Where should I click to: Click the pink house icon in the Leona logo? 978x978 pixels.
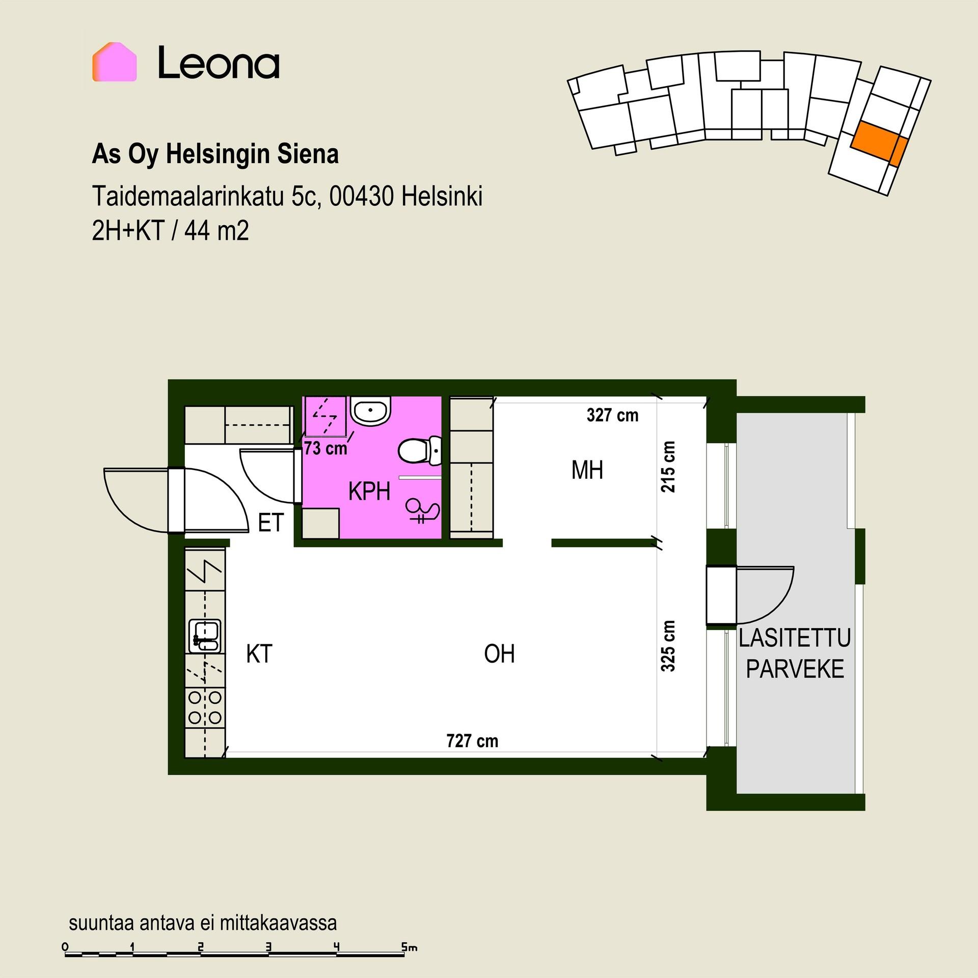(x=115, y=62)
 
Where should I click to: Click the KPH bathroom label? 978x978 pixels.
(x=369, y=492)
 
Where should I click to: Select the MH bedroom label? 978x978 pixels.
(x=587, y=470)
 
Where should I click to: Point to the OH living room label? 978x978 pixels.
(x=499, y=654)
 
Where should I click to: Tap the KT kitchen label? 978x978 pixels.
(x=259, y=654)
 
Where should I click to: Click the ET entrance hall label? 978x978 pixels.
(x=270, y=523)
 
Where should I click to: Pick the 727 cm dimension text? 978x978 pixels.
(x=472, y=741)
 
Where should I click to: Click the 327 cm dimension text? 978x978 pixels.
(x=612, y=415)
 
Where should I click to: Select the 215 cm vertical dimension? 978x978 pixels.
(x=668, y=467)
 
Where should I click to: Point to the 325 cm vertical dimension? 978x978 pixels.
(x=668, y=645)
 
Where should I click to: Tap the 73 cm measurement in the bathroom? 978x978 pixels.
(x=325, y=448)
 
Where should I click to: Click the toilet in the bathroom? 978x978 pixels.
(x=419, y=451)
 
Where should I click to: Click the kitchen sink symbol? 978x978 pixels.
(x=205, y=636)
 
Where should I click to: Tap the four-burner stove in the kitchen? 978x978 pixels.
(x=205, y=707)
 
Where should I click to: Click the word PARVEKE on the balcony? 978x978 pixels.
(x=795, y=669)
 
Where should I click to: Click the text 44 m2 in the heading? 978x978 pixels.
(x=216, y=232)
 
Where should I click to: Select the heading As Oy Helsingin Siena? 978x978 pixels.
(x=215, y=154)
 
